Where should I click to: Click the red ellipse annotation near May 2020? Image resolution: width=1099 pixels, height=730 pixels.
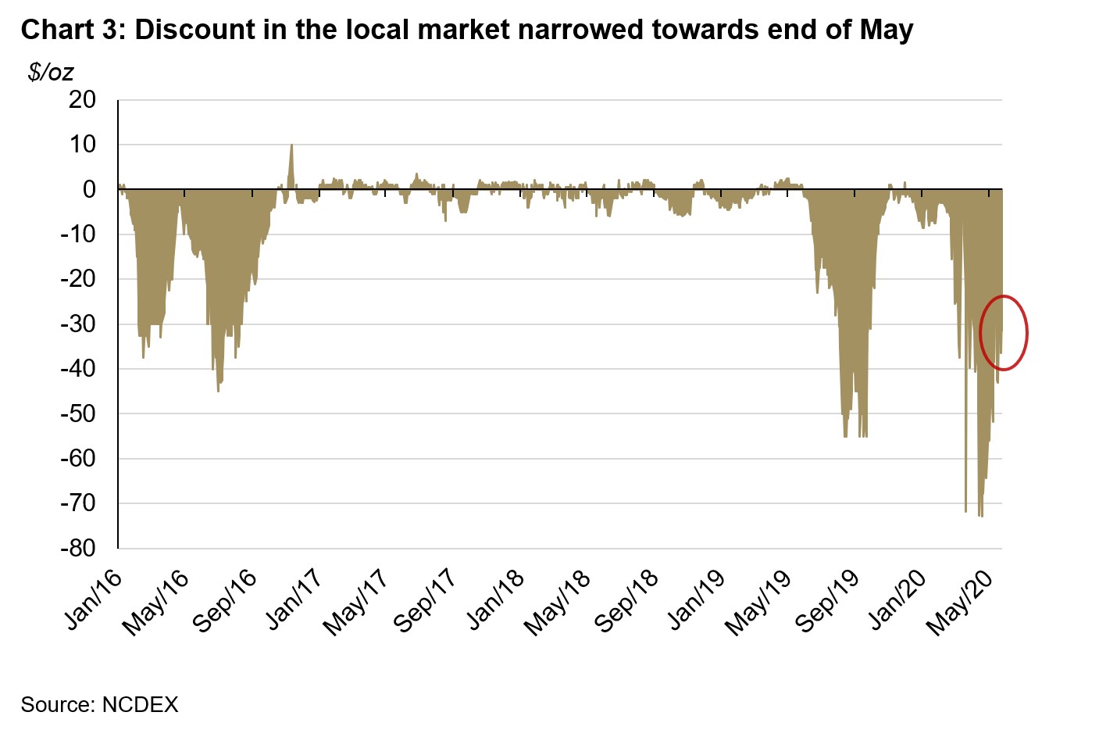pos(1004,333)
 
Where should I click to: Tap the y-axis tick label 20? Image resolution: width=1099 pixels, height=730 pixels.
pos(82,100)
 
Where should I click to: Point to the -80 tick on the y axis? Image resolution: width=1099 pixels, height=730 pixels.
pos(77,548)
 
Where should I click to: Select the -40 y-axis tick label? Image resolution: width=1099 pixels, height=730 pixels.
pos(77,369)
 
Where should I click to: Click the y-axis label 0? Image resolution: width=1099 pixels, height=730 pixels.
pos(89,190)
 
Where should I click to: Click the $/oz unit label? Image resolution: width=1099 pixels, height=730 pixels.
pos(51,73)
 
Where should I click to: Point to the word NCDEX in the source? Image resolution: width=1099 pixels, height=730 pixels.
pos(141,705)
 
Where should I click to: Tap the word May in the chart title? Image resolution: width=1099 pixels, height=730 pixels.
pos(886,30)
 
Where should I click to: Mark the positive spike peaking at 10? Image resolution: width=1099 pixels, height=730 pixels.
pos(291,146)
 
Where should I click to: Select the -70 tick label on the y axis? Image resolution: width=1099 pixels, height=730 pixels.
pos(77,503)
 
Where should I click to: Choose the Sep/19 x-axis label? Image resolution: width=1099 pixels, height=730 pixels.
pos(829,602)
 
